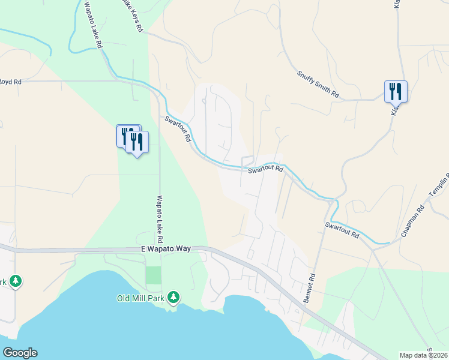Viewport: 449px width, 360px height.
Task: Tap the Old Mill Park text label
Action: point(142,298)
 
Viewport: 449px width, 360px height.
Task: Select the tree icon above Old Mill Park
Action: point(173,297)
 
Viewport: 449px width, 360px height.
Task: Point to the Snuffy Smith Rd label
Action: point(318,84)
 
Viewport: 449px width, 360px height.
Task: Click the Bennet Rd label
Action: point(310,289)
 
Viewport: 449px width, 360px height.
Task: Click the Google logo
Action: point(20,353)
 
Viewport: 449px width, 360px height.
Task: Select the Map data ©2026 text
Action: point(423,355)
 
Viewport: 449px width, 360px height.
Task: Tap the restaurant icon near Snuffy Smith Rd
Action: point(396,92)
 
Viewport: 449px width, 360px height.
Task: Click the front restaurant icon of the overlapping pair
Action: point(137,143)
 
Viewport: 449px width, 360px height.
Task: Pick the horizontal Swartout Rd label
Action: point(265,170)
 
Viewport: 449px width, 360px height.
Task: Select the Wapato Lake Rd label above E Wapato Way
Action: point(160,215)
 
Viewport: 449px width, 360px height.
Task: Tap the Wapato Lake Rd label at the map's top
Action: point(94,25)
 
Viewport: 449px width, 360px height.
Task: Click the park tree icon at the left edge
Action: point(15,281)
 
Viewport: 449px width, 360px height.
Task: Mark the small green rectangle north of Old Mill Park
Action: point(154,275)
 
